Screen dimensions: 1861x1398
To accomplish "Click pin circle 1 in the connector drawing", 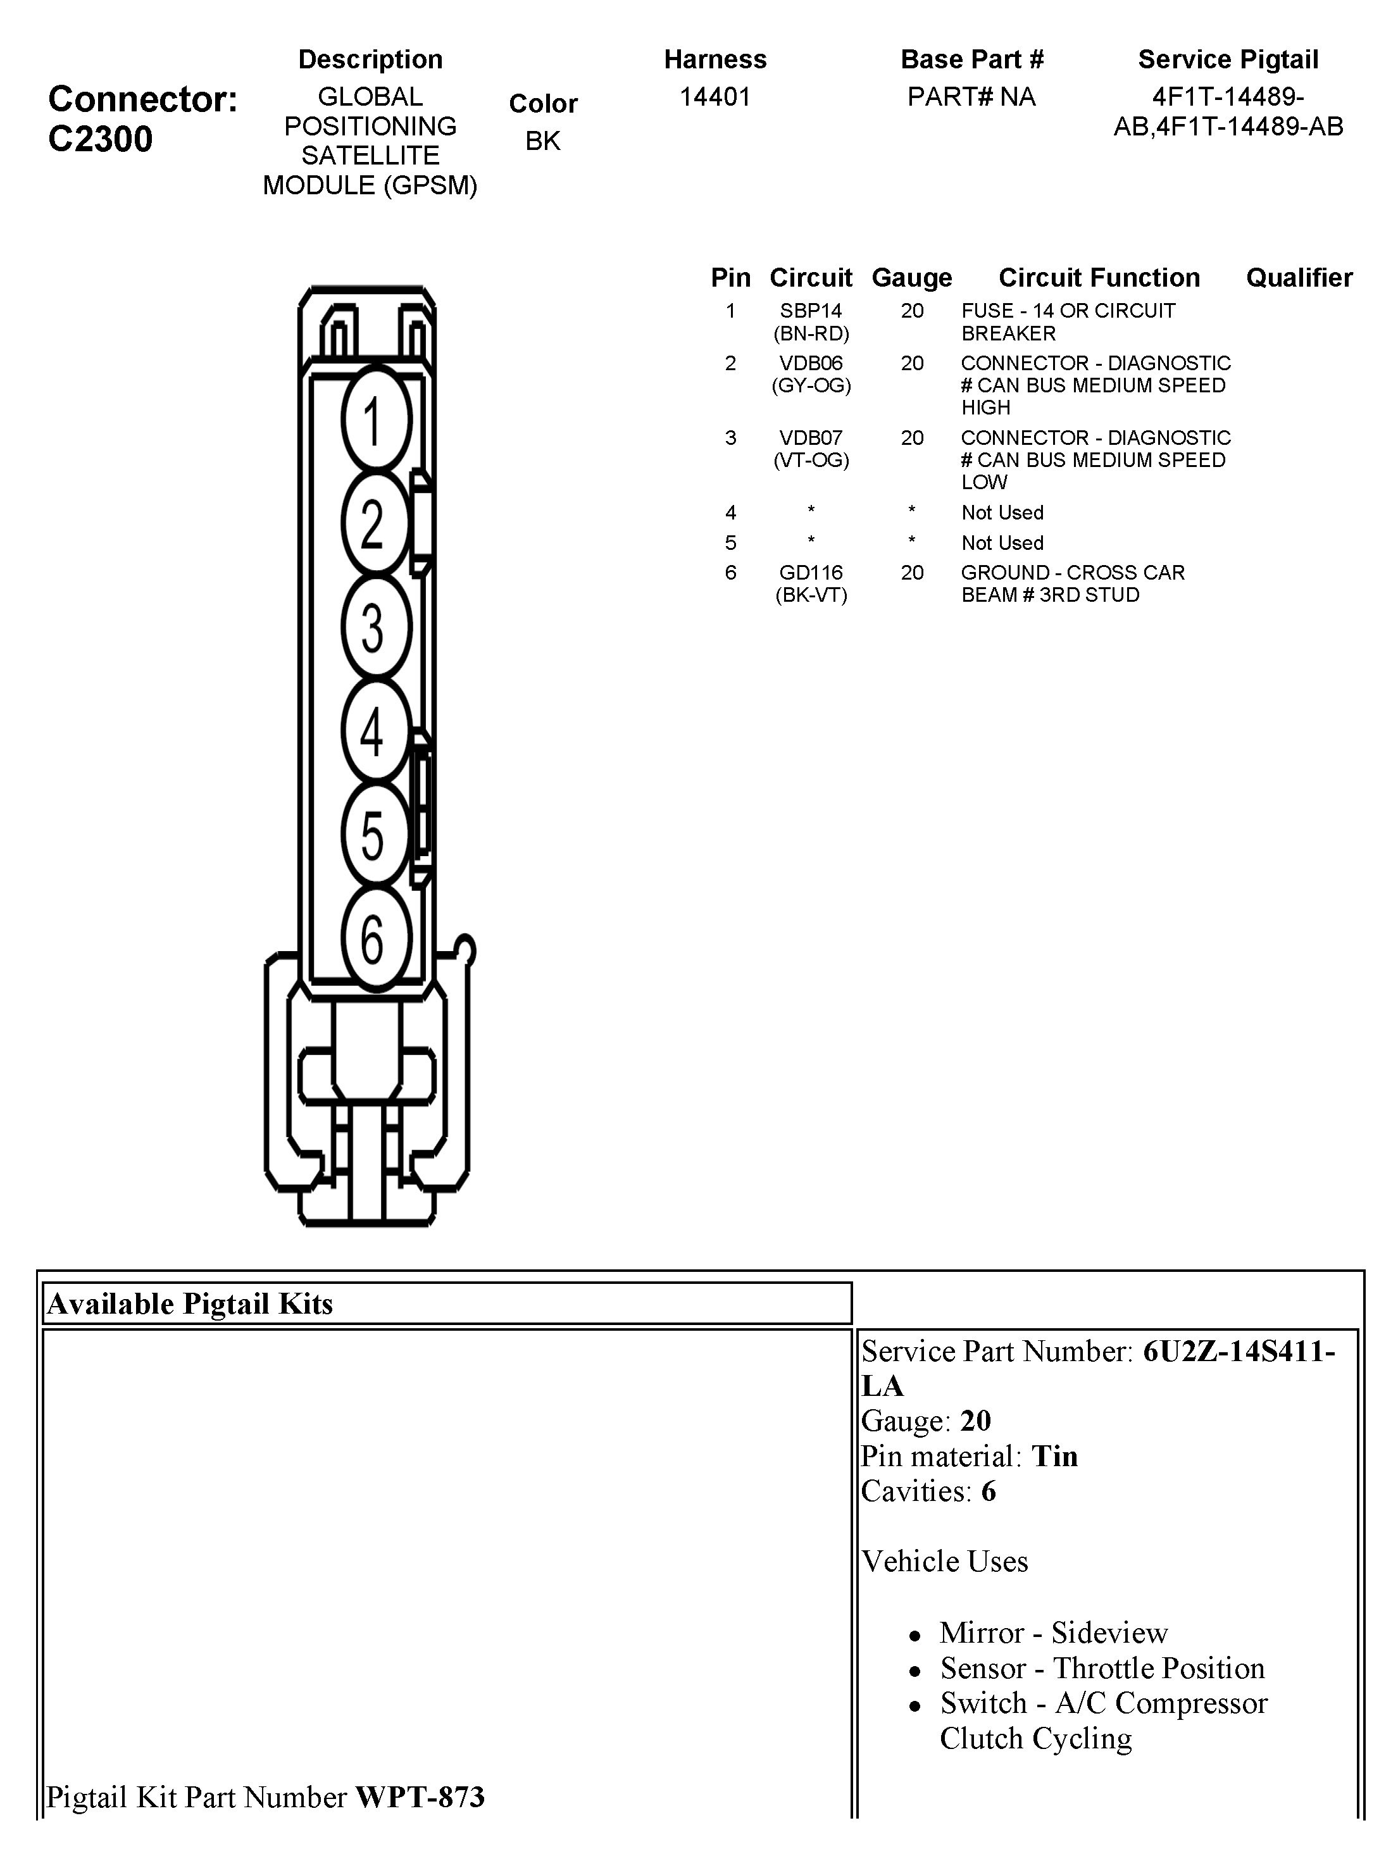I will click(x=375, y=419).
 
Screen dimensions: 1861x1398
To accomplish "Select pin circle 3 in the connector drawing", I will click(x=375, y=627).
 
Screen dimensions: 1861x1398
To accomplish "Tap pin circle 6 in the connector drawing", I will click(x=375, y=937).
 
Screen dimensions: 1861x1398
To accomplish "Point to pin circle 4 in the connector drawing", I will click(x=375, y=730).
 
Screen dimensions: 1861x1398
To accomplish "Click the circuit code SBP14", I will click(x=811, y=311).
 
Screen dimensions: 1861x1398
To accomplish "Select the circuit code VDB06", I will click(x=811, y=363).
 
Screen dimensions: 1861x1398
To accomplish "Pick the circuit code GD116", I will click(x=811, y=573).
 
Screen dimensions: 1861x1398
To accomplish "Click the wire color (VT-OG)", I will click(x=811, y=460).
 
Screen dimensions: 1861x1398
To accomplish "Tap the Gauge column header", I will click(x=911, y=278).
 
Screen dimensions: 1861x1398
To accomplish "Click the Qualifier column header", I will click(x=1299, y=278).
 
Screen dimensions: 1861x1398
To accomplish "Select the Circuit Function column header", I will click(x=1099, y=278).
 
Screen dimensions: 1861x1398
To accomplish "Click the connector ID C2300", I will click(x=100, y=139).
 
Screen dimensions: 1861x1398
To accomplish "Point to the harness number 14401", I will click(x=715, y=97).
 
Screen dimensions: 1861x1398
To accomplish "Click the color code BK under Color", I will click(x=543, y=141).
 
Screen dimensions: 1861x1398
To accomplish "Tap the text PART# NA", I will click(x=971, y=97).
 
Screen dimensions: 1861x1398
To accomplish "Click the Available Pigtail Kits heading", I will click(x=190, y=1304).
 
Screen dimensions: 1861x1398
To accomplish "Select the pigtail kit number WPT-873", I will click(x=420, y=1797).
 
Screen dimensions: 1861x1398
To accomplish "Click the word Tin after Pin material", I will click(x=1054, y=1456).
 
